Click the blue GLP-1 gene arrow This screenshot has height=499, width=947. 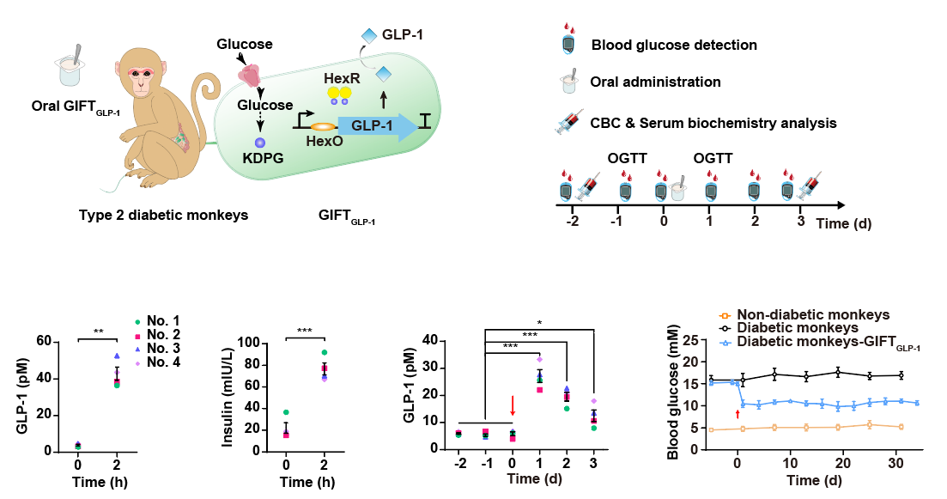coord(378,125)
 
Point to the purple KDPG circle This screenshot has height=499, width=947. coord(260,143)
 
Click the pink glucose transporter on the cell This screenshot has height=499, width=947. coord(251,75)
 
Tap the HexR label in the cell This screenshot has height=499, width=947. coord(342,78)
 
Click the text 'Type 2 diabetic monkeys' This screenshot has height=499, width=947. coord(164,215)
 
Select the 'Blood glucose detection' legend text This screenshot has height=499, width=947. coord(674,45)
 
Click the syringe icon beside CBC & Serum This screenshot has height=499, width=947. coord(570,122)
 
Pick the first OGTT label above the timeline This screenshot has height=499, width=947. coord(628,158)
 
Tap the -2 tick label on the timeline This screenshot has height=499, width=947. coord(573,221)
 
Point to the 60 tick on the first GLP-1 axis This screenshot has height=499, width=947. coord(44,341)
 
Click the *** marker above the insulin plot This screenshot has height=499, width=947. coord(305,331)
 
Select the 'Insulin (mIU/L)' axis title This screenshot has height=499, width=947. coord(228,397)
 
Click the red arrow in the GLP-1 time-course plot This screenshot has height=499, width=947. coord(513,406)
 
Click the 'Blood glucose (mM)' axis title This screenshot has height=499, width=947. coord(673,392)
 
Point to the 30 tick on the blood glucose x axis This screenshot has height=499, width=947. coord(895,464)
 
